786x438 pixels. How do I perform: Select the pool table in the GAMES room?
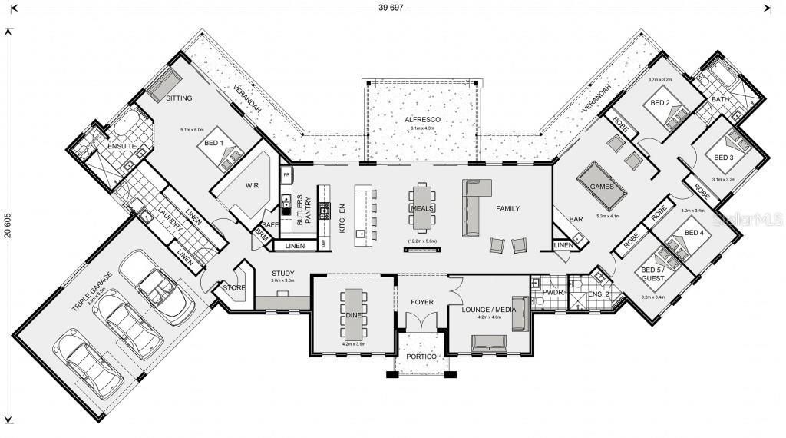tap(601, 187)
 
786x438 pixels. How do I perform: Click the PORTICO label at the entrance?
tap(421, 357)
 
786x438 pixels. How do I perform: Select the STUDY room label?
tap(283, 273)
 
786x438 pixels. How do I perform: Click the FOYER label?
tap(422, 302)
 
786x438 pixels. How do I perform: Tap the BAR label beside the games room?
tap(576, 219)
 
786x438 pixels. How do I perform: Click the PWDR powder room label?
tap(553, 292)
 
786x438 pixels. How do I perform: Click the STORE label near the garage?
tap(233, 287)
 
